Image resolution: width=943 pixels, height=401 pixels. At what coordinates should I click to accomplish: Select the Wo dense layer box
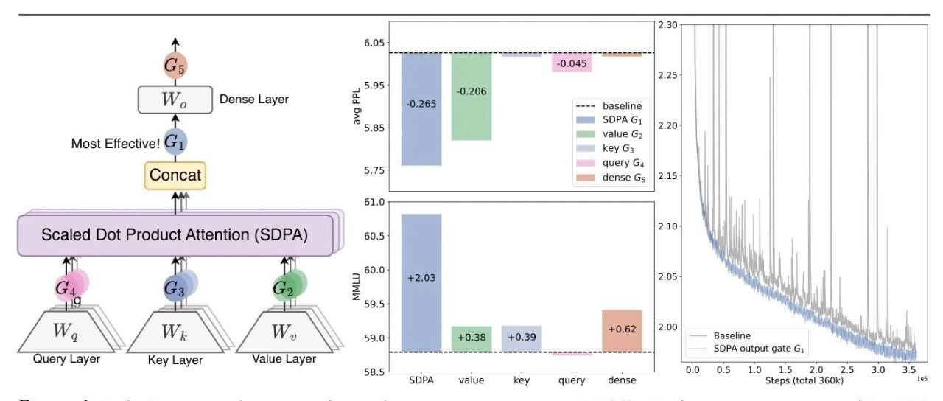(x=175, y=100)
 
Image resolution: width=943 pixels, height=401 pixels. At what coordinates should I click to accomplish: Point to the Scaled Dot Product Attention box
(x=175, y=235)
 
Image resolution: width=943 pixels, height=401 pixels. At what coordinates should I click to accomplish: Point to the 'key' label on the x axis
(x=522, y=380)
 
